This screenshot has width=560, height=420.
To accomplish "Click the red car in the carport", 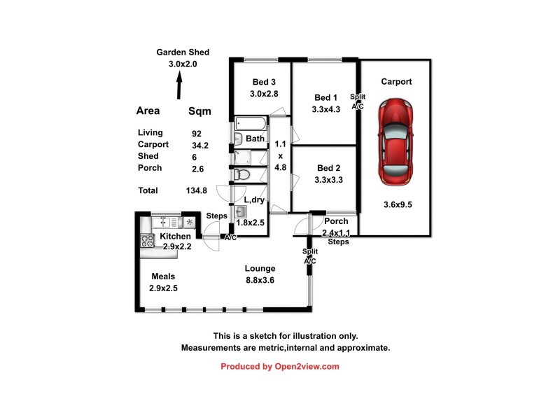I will pos(396,143).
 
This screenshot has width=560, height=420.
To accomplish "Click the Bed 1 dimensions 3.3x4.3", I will pos(325,109).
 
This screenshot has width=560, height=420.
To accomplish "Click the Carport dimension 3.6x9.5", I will pos(397,204).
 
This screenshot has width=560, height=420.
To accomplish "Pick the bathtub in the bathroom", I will pos(251,125).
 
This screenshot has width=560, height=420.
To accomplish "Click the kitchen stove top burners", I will pos(148,240).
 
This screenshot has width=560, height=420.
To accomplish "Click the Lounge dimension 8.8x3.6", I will pos(259,280).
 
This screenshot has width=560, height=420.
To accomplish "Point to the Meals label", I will pos(162,276).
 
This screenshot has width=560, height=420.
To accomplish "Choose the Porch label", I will pos(336,222).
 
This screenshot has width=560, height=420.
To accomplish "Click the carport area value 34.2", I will pos(201,145).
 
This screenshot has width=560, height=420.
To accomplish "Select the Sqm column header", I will pos(199,111).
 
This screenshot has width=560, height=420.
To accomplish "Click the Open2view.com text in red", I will pos(307,366).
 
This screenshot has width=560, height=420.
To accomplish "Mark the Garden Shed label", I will pos(183,52).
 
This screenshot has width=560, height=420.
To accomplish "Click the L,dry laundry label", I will pos(253,200).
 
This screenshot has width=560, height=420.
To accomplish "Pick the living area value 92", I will pos(196,133).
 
